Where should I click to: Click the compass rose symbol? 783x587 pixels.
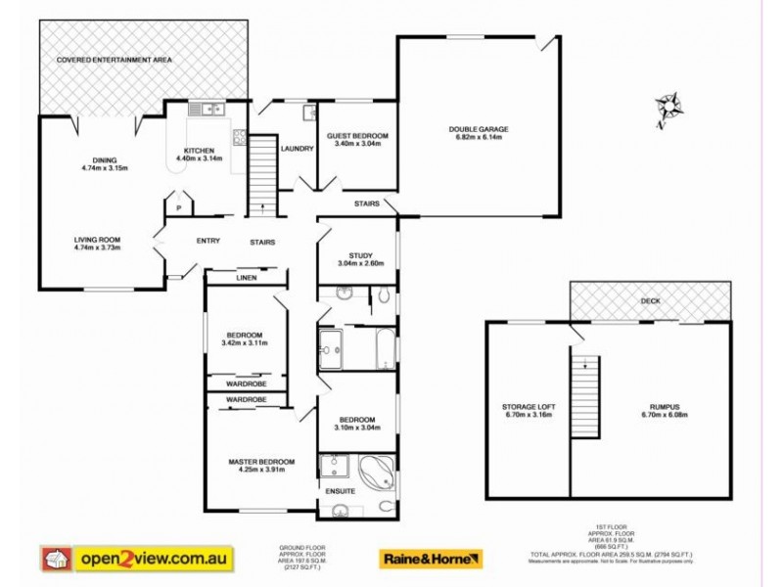(669, 105)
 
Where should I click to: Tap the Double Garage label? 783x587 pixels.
(479, 133)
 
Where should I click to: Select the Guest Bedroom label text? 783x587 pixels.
(357, 139)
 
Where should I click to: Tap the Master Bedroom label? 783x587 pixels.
(261, 466)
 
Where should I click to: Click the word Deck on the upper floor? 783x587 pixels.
(649, 301)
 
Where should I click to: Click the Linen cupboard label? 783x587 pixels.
(246, 279)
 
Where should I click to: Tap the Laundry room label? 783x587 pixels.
(296, 149)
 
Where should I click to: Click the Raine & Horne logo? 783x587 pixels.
(431, 559)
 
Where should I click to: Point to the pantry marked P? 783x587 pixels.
(179, 208)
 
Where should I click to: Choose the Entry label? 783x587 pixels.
(207, 242)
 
